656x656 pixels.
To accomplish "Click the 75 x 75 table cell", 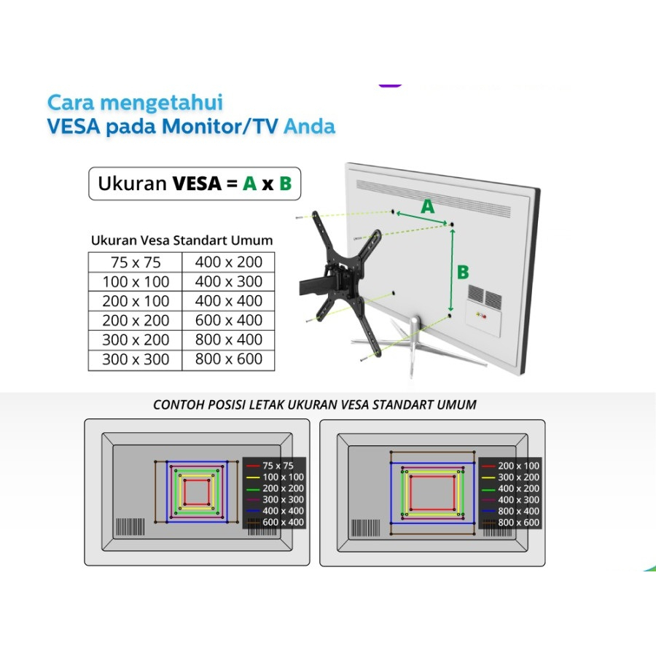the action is (136, 262).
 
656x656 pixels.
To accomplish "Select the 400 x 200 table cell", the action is (228, 262).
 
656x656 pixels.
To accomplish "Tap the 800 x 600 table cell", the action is (228, 359).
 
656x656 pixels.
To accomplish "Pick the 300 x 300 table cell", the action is (136, 359).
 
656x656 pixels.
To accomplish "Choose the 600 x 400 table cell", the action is (228, 321).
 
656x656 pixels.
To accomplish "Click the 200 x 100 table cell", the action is (136, 301).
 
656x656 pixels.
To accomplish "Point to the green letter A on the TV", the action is (428, 207).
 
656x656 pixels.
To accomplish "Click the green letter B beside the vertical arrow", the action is (463, 273).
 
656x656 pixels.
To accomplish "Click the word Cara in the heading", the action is (71, 102).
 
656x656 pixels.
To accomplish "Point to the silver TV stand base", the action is (412, 343).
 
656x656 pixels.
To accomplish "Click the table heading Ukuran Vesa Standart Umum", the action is (181, 240).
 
